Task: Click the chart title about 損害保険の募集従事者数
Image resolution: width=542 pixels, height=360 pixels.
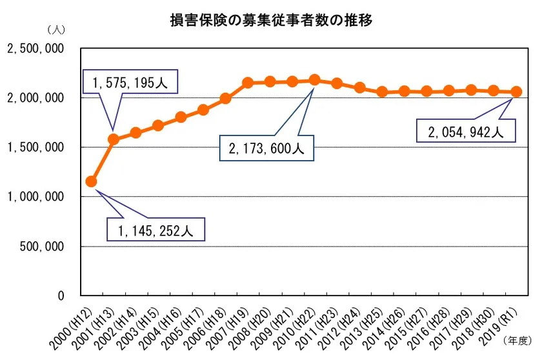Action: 271,19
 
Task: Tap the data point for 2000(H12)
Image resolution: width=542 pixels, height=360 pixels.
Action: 91,182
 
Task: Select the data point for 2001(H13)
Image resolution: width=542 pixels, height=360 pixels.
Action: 114,139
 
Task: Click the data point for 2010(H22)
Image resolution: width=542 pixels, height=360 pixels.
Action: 314,80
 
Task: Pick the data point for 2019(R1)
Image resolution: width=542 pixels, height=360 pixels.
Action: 516,92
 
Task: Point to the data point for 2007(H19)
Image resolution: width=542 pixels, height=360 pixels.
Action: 247,83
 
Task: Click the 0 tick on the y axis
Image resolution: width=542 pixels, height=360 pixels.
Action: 62,295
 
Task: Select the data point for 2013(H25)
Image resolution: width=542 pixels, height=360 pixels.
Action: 381,92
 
